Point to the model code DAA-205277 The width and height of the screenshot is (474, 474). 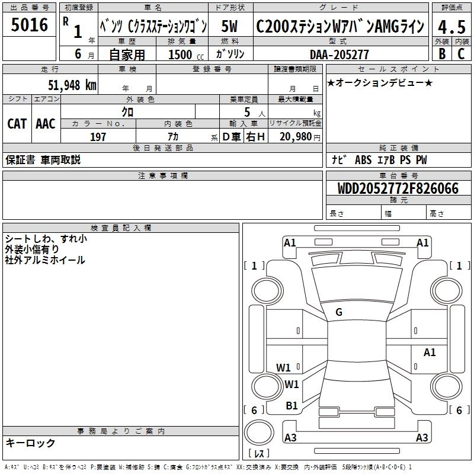[340, 55]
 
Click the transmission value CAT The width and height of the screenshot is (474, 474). [17, 124]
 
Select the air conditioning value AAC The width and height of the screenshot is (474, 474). [45, 124]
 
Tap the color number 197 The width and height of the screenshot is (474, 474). [98, 137]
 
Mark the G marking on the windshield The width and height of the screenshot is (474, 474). [339, 312]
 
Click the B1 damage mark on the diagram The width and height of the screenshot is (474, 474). [292, 405]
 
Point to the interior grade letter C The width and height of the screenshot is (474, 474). [460, 53]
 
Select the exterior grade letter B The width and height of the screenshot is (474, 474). [441, 53]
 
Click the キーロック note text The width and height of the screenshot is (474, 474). [30, 443]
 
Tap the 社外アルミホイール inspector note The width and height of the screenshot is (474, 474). [45, 260]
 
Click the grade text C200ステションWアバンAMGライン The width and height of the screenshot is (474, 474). [340, 27]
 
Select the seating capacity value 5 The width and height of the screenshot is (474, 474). [246, 112]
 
